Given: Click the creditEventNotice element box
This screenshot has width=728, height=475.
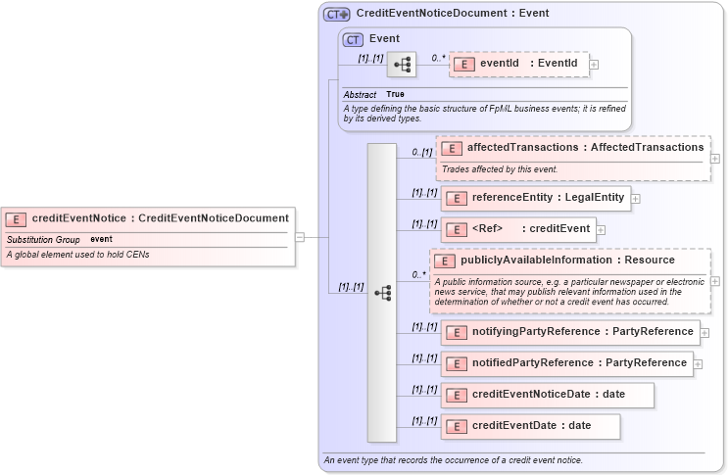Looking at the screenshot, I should pyautogui.click(x=147, y=218).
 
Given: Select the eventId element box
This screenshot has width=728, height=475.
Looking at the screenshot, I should pyautogui.click(x=518, y=64).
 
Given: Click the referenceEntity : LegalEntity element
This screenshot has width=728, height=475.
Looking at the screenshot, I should pyautogui.click(x=535, y=198).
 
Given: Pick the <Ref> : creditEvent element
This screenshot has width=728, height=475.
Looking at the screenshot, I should pyautogui.click(x=518, y=229).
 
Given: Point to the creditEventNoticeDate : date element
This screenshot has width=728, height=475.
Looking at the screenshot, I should pyautogui.click(x=548, y=395).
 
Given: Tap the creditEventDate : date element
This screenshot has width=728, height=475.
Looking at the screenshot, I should pyautogui.click(x=530, y=426).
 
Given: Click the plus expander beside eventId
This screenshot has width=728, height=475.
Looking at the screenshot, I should pyautogui.click(x=594, y=65).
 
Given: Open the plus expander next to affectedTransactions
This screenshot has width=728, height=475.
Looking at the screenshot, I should pyautogui.click(x=714, y=158).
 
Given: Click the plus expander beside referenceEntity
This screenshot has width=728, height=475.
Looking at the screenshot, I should pyautogui.click(x=636, y=199).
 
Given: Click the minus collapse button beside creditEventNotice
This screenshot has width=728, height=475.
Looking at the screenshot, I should pyautogui.click(x=300, y=236).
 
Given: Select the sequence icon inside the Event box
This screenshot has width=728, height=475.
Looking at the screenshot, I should pyautogui.click(x=402, y=65).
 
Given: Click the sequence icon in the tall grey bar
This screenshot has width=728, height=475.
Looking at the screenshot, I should pyautogui.click(x=382, y=292).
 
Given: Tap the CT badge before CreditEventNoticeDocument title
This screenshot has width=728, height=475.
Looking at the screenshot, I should pyautogui.click(x=337, y=15).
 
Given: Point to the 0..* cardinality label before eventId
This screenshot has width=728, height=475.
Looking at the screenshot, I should pyautogui.click(x=438, y=58).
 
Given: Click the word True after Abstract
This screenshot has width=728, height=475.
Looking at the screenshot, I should pyautogui.click(x=395, y=94).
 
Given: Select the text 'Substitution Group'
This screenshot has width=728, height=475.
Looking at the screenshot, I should pyautogui.click(x=43, y=239).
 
